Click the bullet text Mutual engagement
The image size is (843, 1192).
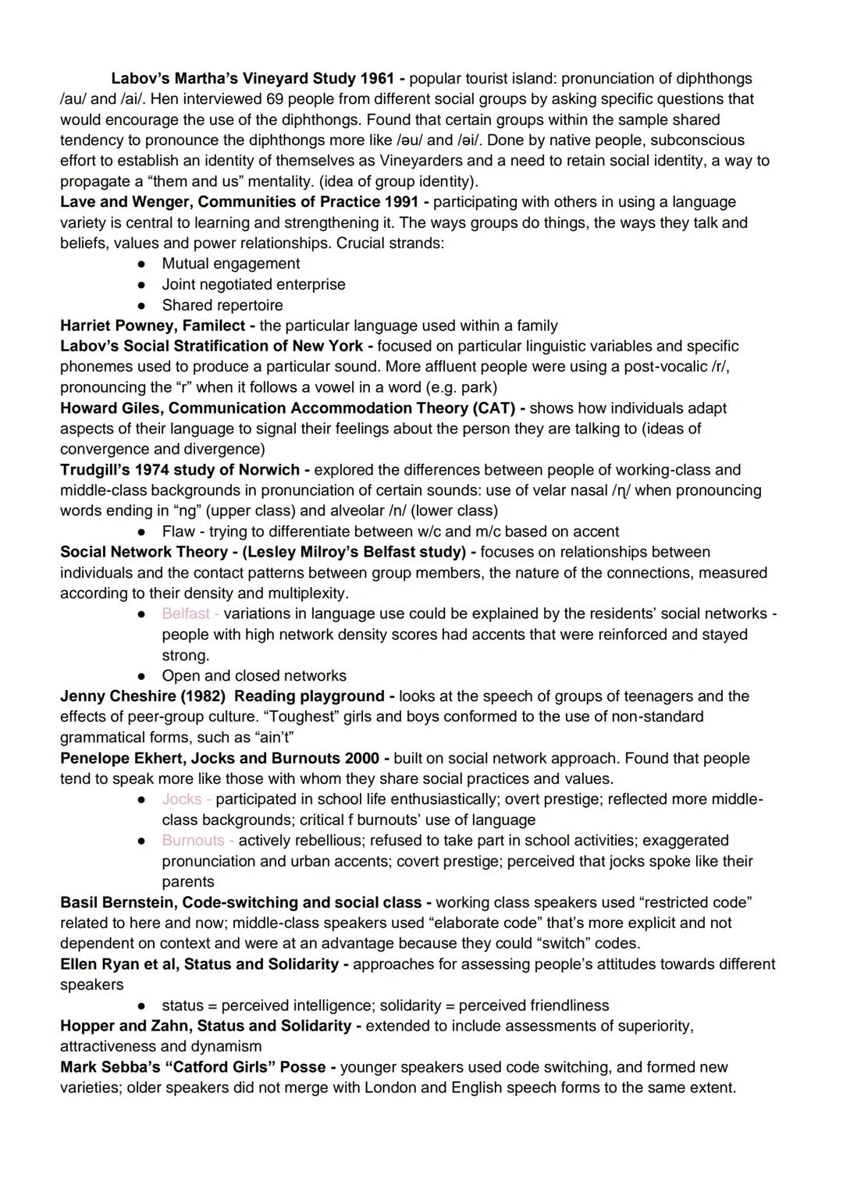coord(230,264)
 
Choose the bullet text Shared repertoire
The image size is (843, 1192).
coord(222,305)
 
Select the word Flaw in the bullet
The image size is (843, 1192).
coord(178,532)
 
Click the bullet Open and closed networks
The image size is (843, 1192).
coord(254,676)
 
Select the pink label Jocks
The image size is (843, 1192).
coord(182,799)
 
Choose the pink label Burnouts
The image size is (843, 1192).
coord(193,841)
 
